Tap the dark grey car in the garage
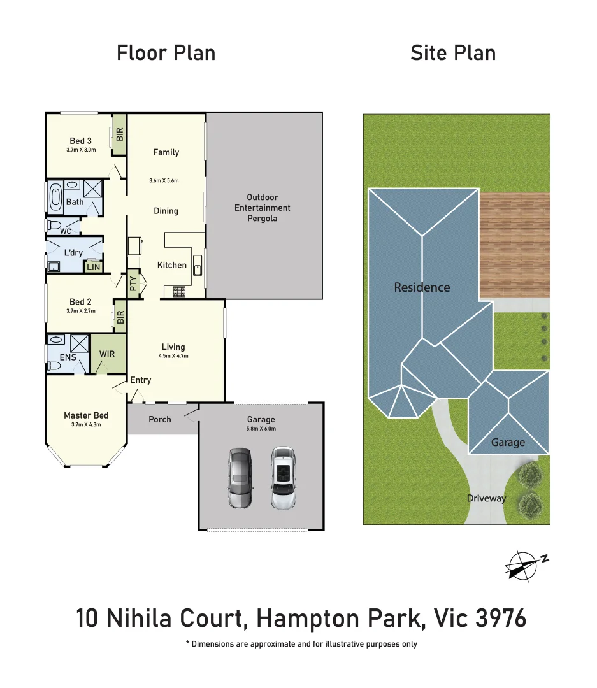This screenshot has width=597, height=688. [x=240, y=478]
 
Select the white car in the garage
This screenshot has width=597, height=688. [x=283, y=478]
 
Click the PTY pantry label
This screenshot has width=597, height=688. [x=133, y=283]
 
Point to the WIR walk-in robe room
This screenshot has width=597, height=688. [x=107, y=354]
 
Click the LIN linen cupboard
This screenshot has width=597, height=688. [x=94, y=267]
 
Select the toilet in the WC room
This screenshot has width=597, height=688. [x=54, y=226]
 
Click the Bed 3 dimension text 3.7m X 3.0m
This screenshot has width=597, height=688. [x=81, y=150]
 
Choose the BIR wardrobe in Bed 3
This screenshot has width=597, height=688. [x=119, y=134]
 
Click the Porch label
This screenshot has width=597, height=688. [x=160, y=419]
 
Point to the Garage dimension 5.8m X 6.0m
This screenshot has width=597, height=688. [x=261, y=429]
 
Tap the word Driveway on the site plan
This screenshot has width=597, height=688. [x=486, y=498]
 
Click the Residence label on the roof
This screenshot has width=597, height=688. [x=422, y=287]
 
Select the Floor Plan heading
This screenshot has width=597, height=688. [x=166, y=53]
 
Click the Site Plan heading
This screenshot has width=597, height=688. [x=453, y=53]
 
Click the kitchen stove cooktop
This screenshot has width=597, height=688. [x=177, y=292]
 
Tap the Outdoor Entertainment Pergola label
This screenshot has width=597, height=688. [x=263, y=208]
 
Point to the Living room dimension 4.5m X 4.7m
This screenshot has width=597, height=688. [x=173, y=356]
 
